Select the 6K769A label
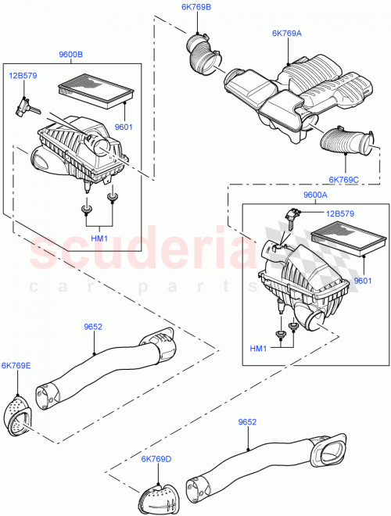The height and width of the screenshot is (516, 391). tap(287, 34)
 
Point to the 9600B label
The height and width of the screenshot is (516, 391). tap(70, 55)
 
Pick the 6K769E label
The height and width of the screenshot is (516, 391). tap(16, 365)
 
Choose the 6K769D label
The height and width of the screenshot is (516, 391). tap(157, 459)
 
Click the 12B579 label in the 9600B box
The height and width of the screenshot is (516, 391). tap(23, 76)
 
